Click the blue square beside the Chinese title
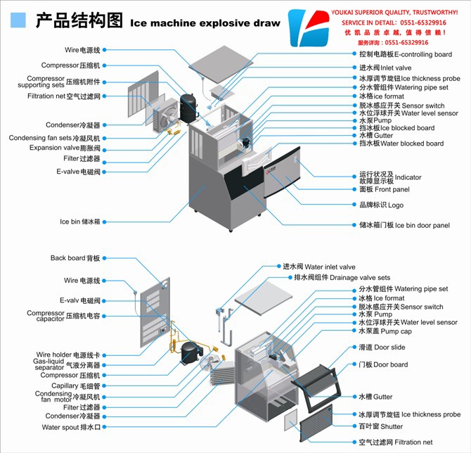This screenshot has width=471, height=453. [18, 20]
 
